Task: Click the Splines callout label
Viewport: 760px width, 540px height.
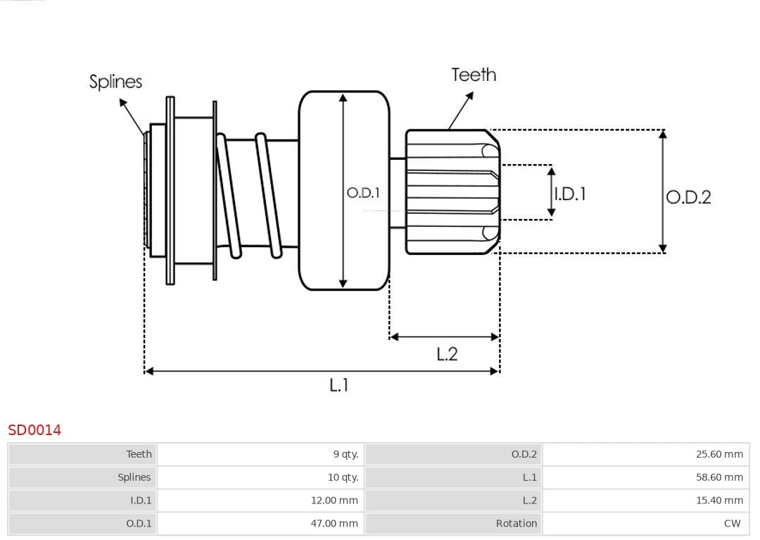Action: coord(115,82)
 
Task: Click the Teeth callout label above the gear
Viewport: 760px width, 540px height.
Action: coord(474,75)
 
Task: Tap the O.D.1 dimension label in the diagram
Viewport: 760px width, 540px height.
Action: coord(363,192)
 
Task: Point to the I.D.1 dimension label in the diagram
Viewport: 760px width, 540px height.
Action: coord(570,194)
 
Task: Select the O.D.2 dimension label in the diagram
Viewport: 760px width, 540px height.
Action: coord(688,197)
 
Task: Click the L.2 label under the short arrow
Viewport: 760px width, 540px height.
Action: coord(447,353)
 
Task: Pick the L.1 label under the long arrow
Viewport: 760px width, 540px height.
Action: coord(339,384)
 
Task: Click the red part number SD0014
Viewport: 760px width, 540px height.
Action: coord(34,430)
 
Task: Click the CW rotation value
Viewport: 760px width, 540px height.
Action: coord(732,523)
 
